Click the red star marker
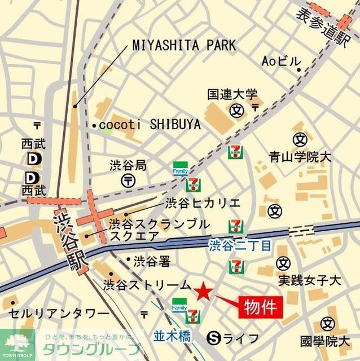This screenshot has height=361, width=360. tap(203, 291)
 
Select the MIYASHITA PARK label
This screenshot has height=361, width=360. tap(184, 46)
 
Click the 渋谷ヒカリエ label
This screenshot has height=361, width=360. tap(203, 203)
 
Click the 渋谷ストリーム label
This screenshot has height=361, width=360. tap(147, 285)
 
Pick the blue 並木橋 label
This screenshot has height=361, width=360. tap(172, 336)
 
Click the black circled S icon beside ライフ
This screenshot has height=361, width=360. tap(214, 338)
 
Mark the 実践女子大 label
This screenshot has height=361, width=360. tap(310, 280)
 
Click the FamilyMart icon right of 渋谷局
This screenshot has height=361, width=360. tap(179, 169)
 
